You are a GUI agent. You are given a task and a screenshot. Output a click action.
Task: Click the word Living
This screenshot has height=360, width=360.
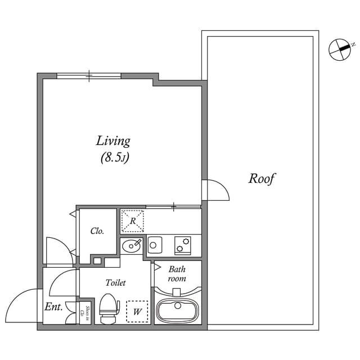pyautogui.click(x=113, y=141)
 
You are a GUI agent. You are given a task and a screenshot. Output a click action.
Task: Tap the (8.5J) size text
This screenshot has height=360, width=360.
pyautogui.click(x=115, y=157)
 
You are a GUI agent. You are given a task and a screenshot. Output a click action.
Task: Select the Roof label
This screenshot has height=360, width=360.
pyautogui.click(x=262, y=179)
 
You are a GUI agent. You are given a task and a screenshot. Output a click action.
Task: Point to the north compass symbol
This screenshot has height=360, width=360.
pyautogui.click(x=339, y=48)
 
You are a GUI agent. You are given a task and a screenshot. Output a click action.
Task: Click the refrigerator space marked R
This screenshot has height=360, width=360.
pyautogui.click(x=133, y=221)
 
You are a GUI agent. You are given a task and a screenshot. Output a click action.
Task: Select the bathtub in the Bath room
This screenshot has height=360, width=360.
pyautogui.click(x=178, y=310)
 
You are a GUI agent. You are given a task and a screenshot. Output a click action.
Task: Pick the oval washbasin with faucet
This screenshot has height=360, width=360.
pyautogui.click(x=132, y=245)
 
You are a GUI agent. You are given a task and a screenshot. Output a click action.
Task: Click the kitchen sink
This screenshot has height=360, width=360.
pyautogui.click(x=155, y=245)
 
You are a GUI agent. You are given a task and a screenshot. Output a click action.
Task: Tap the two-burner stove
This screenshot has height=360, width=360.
pyautogui.click(x=183, y=245)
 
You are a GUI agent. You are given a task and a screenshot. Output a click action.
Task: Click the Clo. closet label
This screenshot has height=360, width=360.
pyautogui.click(x=97, y=231)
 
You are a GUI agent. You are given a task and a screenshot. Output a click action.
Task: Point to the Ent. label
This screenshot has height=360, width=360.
pyautogui.click(x=53, y=307)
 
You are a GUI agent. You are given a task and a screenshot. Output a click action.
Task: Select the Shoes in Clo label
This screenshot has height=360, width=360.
pyautogui.click(x=82, y=311)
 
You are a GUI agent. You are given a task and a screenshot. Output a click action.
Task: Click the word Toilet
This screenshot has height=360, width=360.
pyautogui.click(x=115, y=283)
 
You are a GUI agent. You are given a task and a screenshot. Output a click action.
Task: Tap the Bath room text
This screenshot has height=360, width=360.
pyautogui.click(x=177, y=274)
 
